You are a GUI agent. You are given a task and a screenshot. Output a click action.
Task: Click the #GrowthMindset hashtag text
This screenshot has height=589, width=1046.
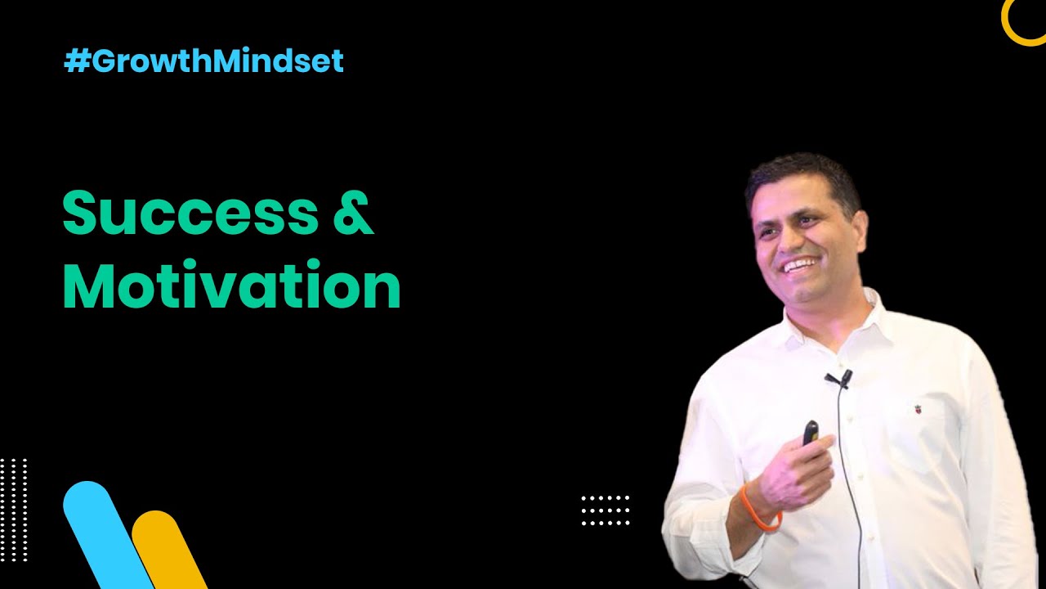[x=203, y=62]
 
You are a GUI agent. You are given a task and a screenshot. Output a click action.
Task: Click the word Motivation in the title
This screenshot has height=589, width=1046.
[x=231, y=286]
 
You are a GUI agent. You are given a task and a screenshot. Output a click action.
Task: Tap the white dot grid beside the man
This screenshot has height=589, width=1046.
[x=606, y=510]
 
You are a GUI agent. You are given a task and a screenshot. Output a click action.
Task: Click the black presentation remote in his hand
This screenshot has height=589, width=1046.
[x=810, y=433]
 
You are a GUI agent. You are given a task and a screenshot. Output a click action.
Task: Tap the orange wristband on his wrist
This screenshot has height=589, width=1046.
[x=756, y=509]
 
